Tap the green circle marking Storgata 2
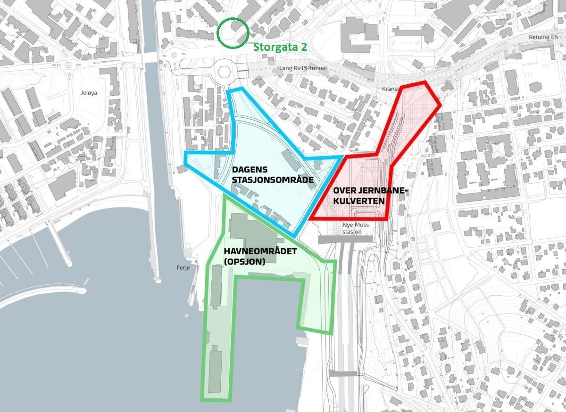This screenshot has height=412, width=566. tap(233, 32)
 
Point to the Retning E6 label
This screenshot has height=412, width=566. tap(546, 37)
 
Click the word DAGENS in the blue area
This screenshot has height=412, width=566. tap(250, 170)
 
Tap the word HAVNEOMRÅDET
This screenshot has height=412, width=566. tap(260, 251)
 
